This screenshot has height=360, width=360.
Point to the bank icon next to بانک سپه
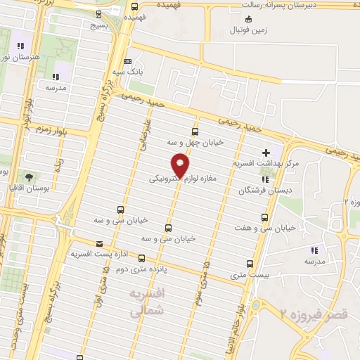tap(127, 62)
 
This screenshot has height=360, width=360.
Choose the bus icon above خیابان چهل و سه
tap(195, 131)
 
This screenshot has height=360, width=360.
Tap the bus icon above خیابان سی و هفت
tap(264, 217)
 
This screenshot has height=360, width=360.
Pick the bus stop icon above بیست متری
tap(250, 264)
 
